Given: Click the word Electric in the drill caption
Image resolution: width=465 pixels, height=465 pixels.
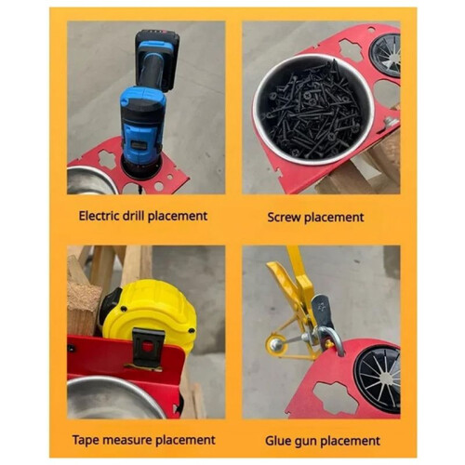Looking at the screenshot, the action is tap(99, 216).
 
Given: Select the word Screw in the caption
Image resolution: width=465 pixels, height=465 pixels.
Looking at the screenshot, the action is tap(284, 217).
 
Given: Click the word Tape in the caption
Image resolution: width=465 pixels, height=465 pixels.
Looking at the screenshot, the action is tap(84, 440).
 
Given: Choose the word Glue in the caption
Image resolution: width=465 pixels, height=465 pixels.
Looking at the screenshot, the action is tap(276, 441).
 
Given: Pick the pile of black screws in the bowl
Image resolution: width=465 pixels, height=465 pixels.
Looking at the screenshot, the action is tap(313, 110).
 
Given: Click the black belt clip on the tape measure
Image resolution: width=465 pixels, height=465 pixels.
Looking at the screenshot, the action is tap(148, 347).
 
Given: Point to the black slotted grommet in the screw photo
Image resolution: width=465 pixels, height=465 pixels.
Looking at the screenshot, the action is tap(385, 55).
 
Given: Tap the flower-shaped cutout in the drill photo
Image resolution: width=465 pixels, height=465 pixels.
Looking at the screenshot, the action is tap(108, 159).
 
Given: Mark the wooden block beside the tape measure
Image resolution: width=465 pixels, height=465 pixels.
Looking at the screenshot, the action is tap(83, 307).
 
